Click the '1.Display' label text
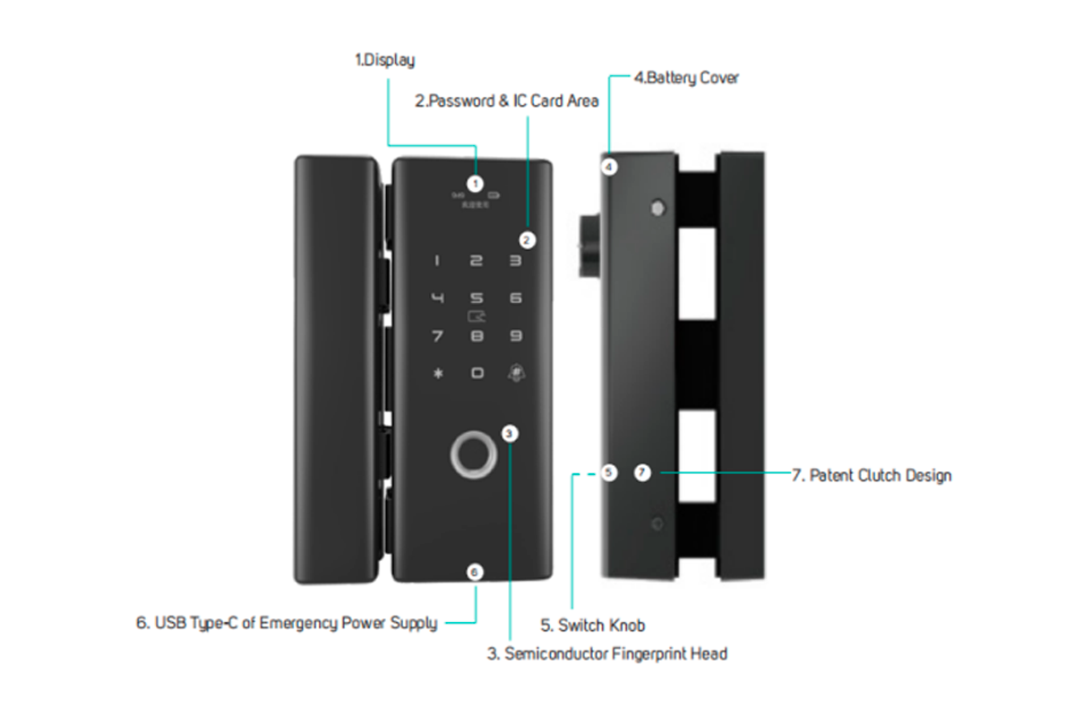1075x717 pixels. click(385, 61)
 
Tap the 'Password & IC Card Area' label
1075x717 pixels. click(506, 101)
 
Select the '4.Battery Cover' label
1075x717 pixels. click(686, 78)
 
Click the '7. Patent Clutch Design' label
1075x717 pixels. click(871, 475)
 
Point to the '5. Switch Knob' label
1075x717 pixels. click(592, 625)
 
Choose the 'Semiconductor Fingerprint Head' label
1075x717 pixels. click(606, 653)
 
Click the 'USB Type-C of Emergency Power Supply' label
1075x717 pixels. click(287, 623)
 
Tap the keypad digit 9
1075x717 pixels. click(515, 336)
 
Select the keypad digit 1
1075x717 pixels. click(437, 262)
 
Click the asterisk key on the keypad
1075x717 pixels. click(437, 373)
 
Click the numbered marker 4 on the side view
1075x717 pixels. click(609, 167)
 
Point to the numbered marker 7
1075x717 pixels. click(641, 472)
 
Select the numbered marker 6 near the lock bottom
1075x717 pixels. click(476, 571)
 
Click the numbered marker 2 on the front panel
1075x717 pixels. click(528, 239)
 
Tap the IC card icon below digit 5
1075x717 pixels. click(477, 316)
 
